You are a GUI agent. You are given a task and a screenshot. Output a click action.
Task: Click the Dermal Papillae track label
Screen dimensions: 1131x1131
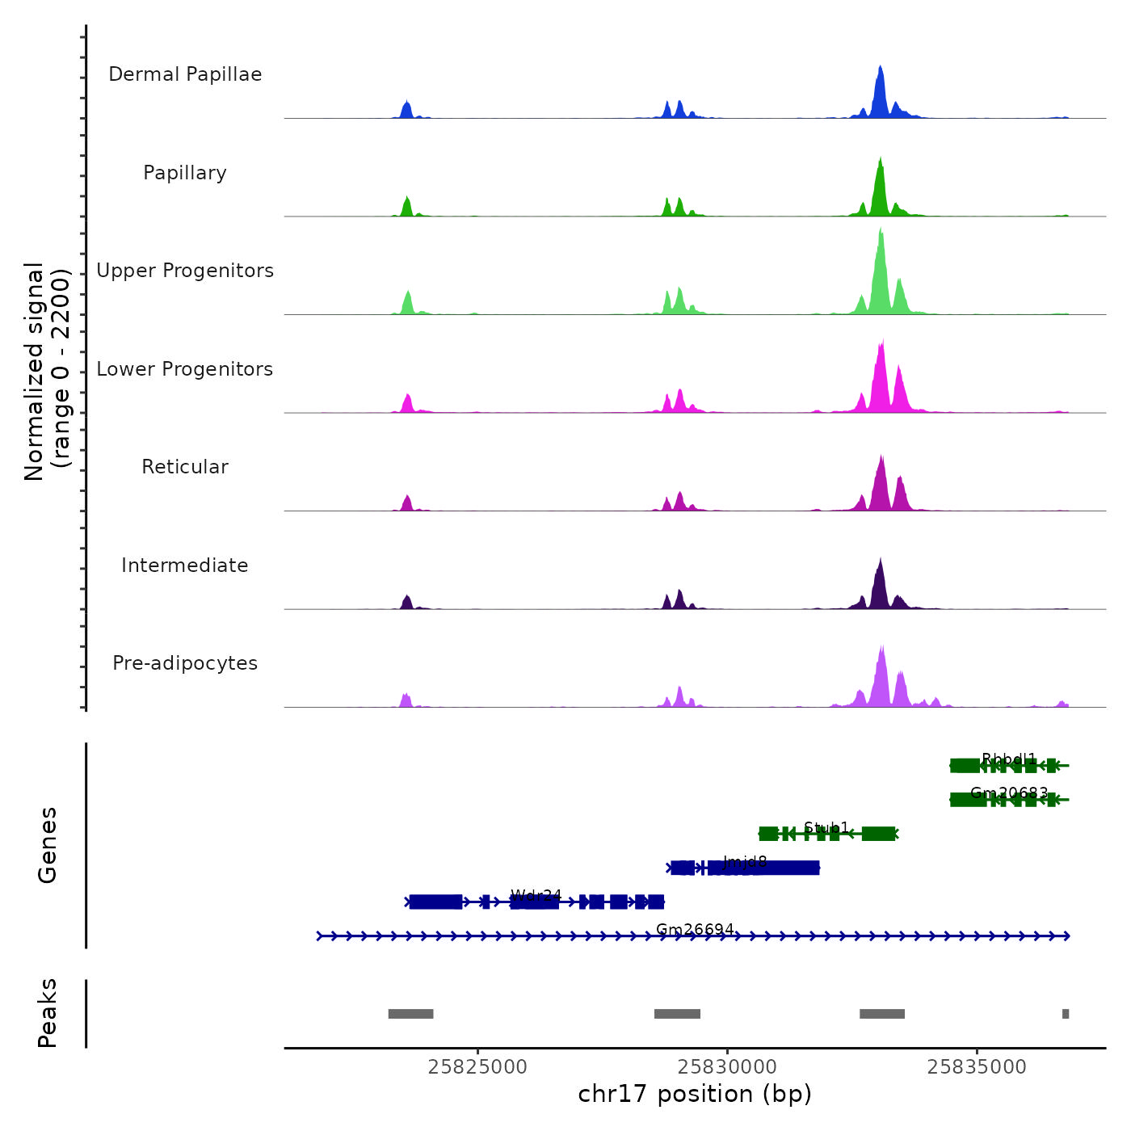pos(185,74)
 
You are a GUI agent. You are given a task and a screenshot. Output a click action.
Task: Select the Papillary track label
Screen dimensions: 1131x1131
pos(185,173)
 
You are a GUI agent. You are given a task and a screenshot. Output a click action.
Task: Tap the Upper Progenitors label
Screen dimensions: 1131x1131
pos(185,271)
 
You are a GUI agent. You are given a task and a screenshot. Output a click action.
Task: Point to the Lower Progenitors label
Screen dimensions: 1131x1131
pos(185,369)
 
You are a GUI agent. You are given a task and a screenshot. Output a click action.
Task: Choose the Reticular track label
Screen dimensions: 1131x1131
pos(185,467)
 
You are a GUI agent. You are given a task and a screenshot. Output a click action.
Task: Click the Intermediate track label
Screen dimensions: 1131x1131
pos(185,565)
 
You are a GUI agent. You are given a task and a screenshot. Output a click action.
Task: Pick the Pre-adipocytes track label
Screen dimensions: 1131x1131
pos(185,663)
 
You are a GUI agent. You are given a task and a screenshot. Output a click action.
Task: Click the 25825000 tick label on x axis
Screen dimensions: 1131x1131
pos(477,1066)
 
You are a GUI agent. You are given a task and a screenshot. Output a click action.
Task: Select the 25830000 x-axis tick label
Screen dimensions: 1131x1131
pos(727,1066)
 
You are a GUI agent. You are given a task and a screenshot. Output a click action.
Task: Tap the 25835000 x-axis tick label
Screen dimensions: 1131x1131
pos(977,1066)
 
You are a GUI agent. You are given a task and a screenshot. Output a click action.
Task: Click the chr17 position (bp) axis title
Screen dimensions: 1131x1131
pos(695,1094)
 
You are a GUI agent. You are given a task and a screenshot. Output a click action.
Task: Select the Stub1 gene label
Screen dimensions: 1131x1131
pos(826,827)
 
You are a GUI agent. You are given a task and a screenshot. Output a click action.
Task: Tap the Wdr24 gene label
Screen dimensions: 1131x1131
pos(536,895)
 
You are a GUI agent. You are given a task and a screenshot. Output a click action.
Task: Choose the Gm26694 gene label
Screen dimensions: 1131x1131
pos(695,929)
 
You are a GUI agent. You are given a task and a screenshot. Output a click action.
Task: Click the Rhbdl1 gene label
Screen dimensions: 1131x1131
pos(1009,759)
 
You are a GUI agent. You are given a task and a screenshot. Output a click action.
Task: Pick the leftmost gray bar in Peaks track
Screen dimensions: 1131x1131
pos(410,1014)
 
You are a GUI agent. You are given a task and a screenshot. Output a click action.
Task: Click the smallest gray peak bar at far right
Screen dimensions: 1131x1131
pos(1066,1014)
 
